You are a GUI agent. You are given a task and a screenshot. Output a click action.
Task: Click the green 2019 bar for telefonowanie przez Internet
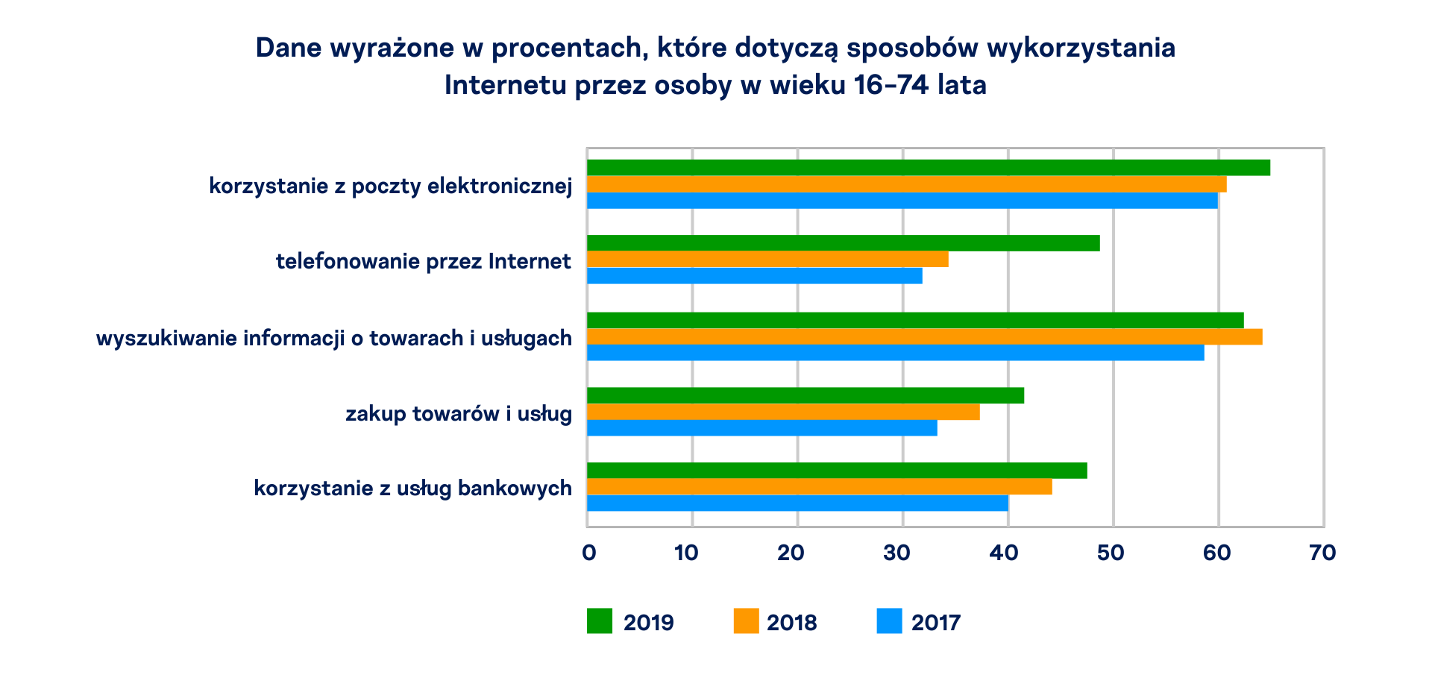(843, 243)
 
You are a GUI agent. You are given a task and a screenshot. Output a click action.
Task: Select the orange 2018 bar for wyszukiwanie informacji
(924, 336)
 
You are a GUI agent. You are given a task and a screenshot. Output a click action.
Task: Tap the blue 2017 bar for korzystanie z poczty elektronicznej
(902, 201)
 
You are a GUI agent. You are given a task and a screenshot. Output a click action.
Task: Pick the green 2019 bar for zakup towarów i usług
(805, 395)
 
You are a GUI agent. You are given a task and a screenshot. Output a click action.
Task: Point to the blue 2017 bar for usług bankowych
(797, 503)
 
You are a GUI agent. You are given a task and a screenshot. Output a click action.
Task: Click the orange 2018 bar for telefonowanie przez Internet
(767, 259)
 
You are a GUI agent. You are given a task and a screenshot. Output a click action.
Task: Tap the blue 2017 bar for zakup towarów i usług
(761, 428)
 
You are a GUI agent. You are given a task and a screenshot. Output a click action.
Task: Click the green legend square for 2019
(599, 621)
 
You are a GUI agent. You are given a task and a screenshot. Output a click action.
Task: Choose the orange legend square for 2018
(746, 621)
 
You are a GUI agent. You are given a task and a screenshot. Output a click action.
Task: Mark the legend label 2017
(935, 623)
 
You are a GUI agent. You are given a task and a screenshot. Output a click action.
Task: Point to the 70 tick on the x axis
(1322, 553)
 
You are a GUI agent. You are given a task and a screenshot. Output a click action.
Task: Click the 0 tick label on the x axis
(588, 553)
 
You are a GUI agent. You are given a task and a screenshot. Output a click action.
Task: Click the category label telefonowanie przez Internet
(423, 262)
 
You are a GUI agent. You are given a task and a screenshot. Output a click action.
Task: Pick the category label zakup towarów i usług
(458, 414)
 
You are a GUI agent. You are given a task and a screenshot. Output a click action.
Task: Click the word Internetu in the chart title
(505, 85)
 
